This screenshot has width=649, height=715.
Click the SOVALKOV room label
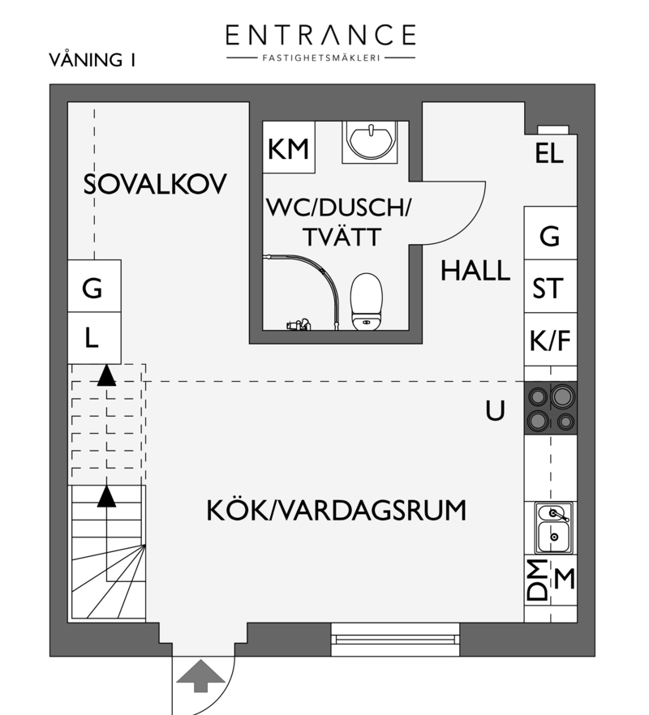(x=155, y=184)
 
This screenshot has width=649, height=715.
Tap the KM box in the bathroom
(x=289, y=147)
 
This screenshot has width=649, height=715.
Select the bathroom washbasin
(x=369, y=141)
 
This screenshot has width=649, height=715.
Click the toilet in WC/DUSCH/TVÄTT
(x=366, y=302)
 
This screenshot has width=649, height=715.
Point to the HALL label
(x=475, y=271)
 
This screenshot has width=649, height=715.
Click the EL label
(x=549, y=153)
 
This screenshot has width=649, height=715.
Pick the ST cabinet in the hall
(x=550, y=286)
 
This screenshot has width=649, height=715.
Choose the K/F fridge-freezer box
(x=550, y=339)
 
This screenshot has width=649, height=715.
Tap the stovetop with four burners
(x=550, y=408)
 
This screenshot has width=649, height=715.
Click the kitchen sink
(x=553, y=528)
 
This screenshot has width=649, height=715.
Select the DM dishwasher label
(x=537, y=580)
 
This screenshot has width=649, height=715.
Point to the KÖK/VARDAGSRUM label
(x=337, y=510)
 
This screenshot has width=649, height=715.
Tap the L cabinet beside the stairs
(x=94, y=338)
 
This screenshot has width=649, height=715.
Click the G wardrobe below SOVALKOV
(x=94, y=286)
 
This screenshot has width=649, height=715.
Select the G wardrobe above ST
(x=550, y=233)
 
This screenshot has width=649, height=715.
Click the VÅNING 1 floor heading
(x=92, y=60)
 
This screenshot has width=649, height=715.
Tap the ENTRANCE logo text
(x=320, y=35)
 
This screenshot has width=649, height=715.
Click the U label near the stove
(x=495, y=410)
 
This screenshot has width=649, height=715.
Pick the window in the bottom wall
(x=395, y=640)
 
